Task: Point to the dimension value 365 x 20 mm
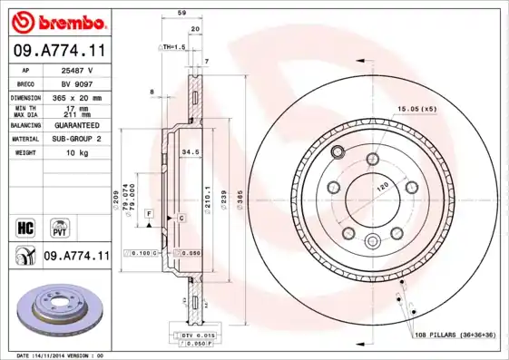[x=75, y=97]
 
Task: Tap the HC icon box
[x=25, y=225]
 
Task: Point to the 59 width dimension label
[x=181, y=14]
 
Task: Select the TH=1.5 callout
[x=173, y=46]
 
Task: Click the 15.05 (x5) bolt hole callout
[x=416, y=109]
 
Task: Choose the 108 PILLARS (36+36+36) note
[x=455, y=335]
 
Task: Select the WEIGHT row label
[x=24, y=153]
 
